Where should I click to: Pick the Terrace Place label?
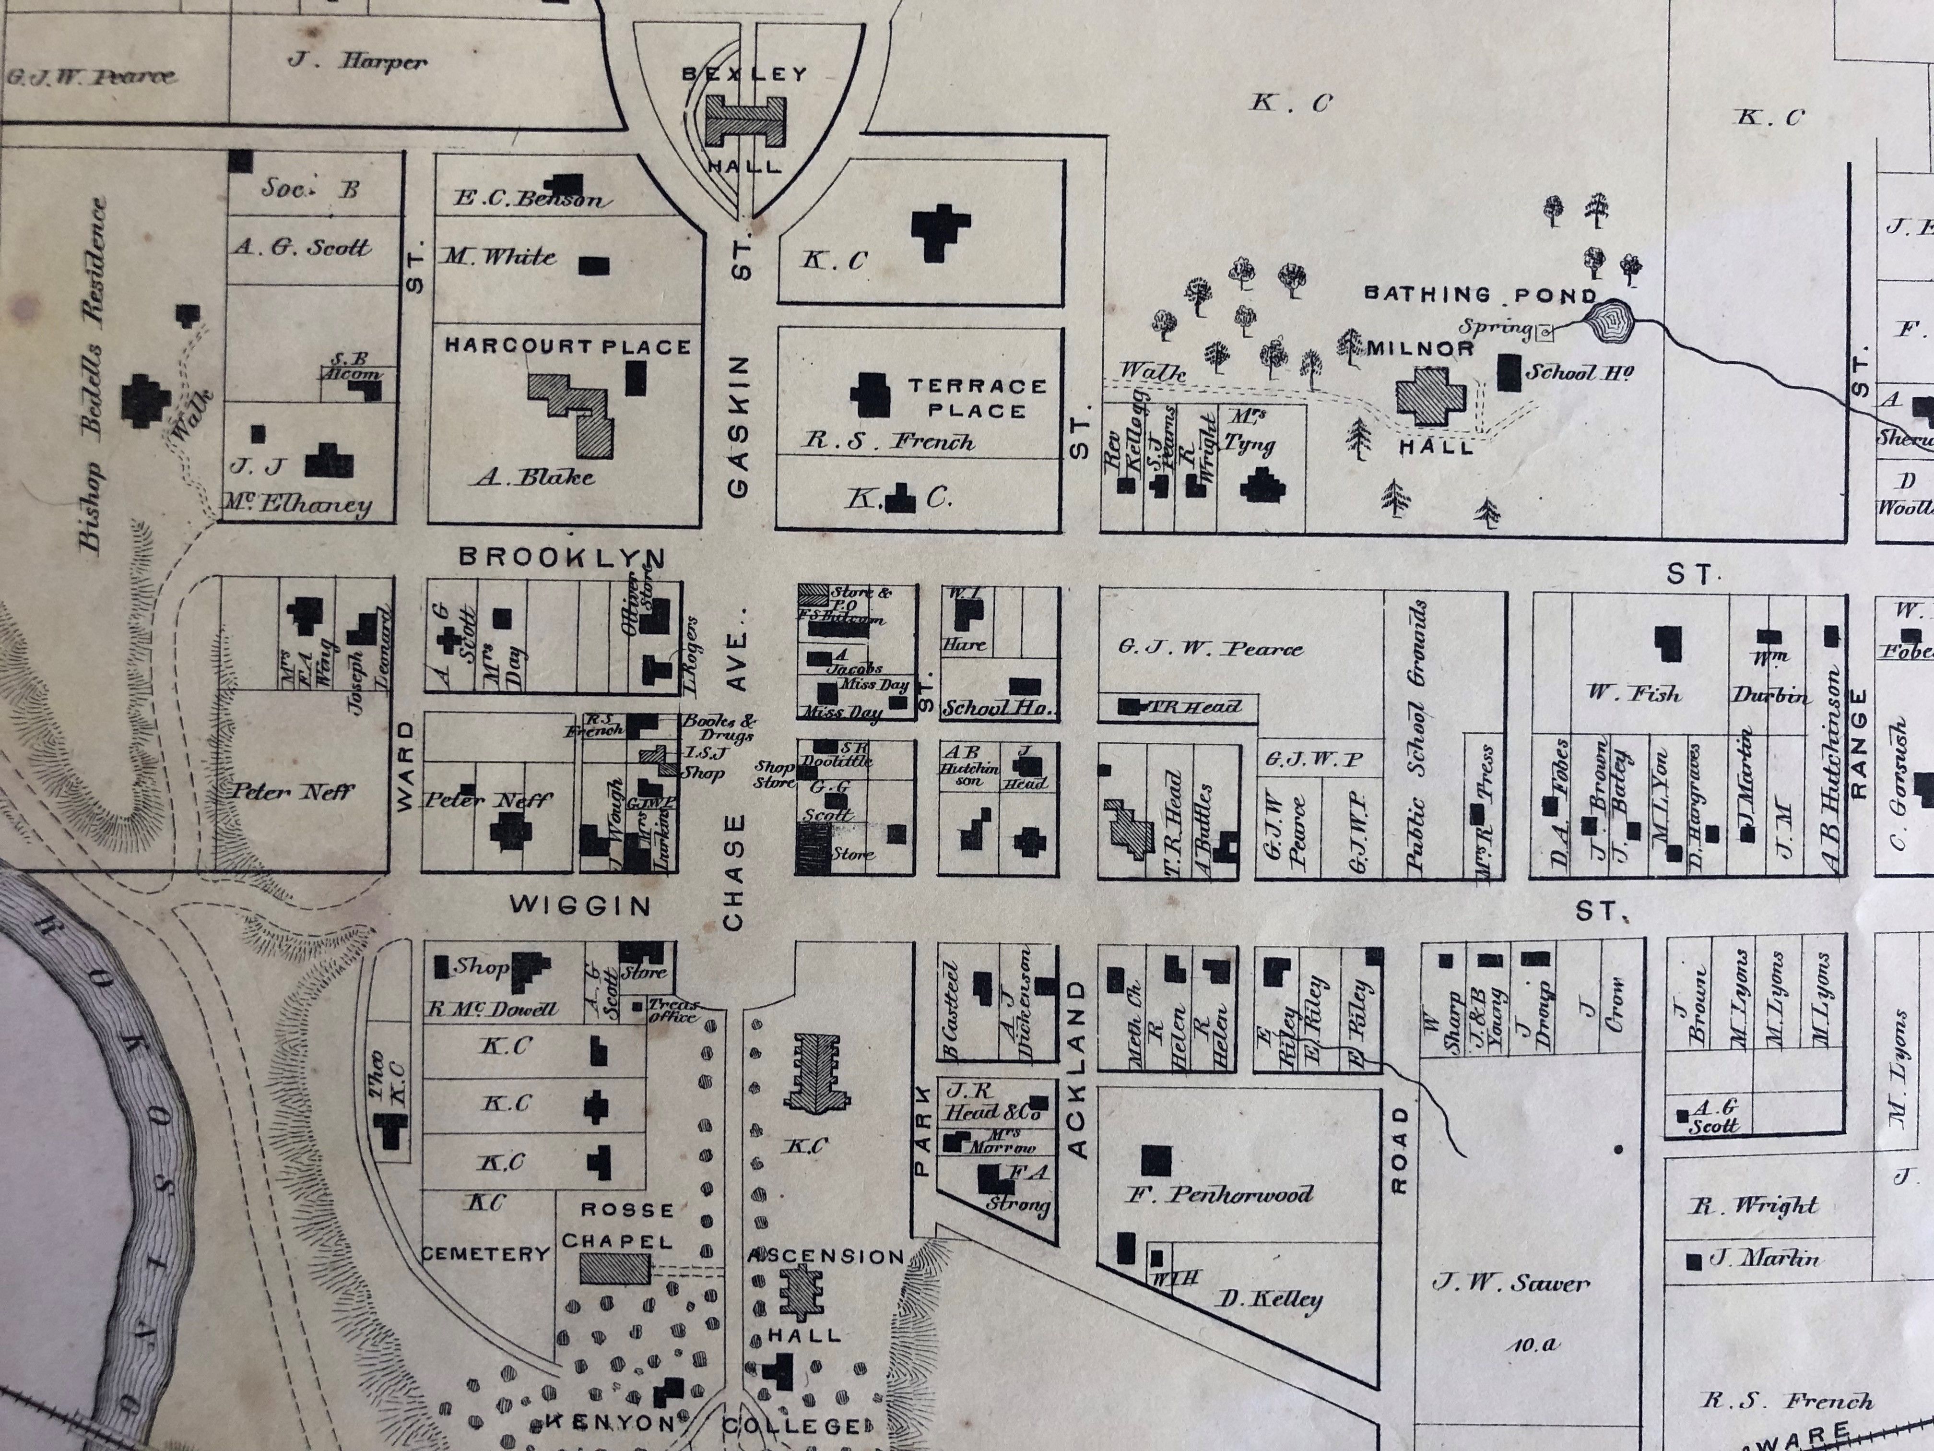(x=977, y=398)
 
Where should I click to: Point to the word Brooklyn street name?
(x=562, y=557)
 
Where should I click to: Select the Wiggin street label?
(x=580, y=905)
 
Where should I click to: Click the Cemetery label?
(x=486, y=1253)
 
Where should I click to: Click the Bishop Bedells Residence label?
(x=94, y=376)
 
